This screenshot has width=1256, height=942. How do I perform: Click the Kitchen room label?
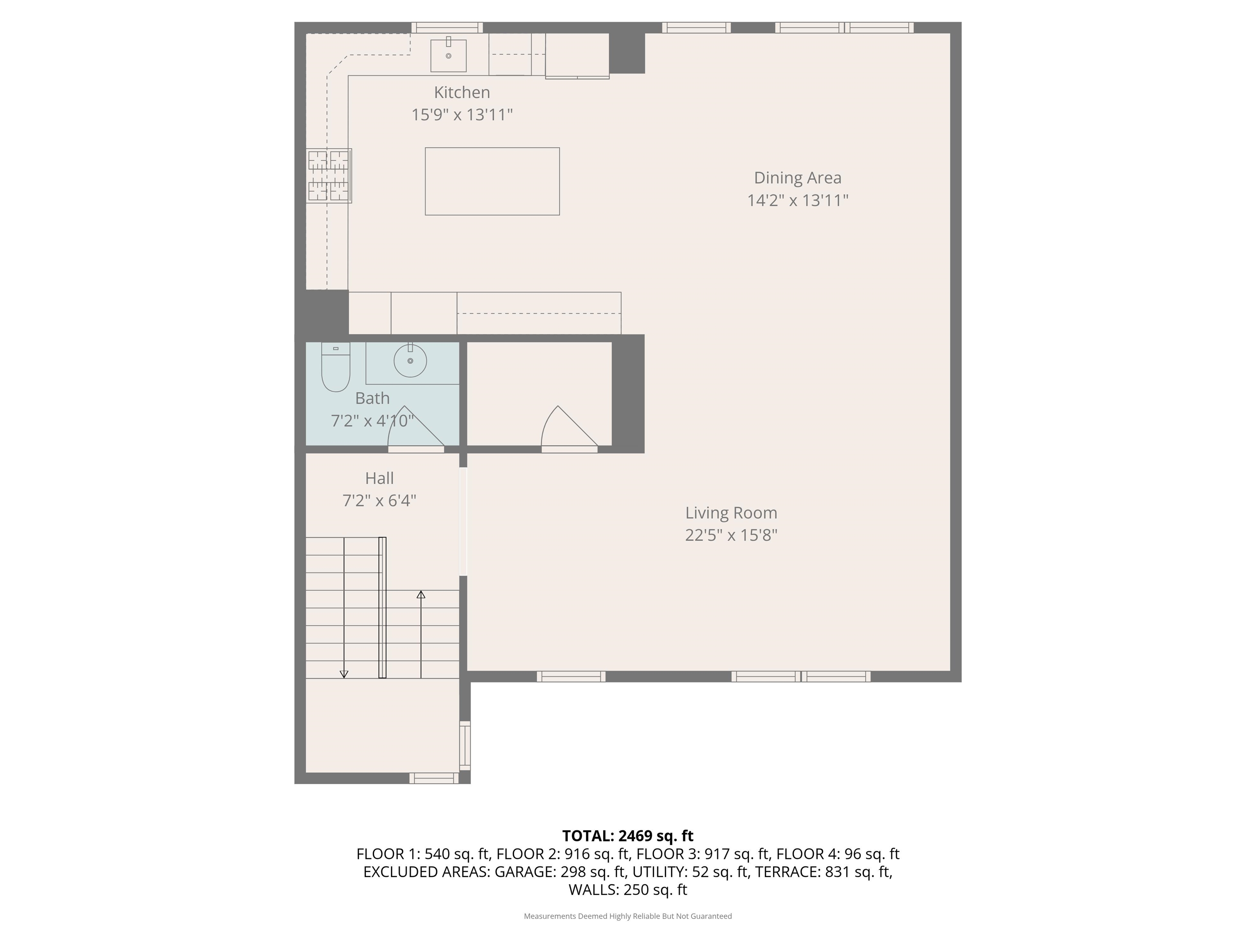462,92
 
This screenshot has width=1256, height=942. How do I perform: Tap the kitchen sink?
448,55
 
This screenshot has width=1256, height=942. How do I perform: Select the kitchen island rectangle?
492,181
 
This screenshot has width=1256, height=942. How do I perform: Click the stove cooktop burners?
329,175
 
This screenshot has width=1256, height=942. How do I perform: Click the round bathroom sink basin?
410,361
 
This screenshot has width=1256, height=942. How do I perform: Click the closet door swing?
569,429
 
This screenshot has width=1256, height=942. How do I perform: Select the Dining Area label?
798,178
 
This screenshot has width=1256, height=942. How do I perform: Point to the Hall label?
379,478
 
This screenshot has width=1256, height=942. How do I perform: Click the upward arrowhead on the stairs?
421,594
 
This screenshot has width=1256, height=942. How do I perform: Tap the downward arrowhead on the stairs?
343,674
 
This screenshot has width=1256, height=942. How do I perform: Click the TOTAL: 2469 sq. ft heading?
628,836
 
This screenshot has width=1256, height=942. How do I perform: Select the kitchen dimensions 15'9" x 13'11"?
462,115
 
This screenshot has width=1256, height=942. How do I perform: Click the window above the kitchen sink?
447,27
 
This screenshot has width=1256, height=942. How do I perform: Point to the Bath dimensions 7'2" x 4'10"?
372,421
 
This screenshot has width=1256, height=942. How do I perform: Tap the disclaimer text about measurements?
628,916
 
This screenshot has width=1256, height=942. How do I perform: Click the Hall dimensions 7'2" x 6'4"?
379,501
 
